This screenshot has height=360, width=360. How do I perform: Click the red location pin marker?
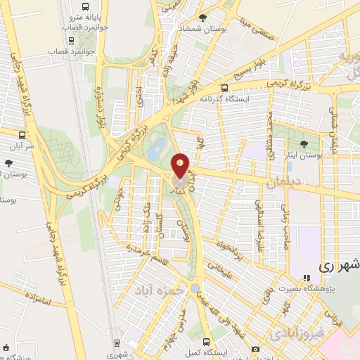(181, 166)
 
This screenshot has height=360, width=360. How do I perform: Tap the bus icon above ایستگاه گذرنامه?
(224, 89)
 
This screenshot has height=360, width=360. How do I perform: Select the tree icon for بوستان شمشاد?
(203, 18)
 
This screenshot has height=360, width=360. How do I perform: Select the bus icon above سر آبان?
(23, 134)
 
